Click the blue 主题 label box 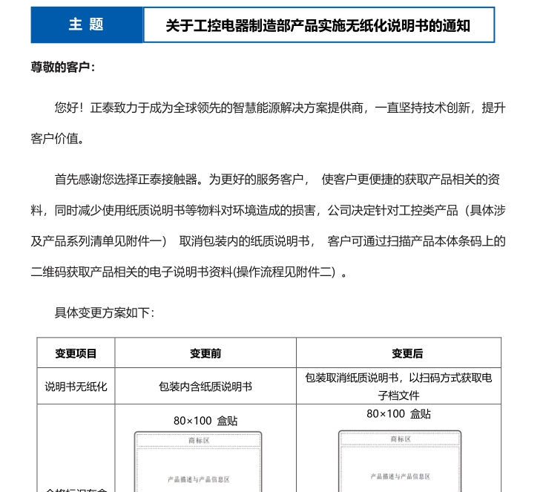(x=86, y=25)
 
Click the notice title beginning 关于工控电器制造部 (x=317, y=26)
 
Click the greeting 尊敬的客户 (x=63, y=68)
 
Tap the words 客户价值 (x=58, y=139)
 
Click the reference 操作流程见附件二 (x=286, y=272)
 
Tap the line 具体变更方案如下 (x=105, y=312)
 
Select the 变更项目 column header (x=76, y=354)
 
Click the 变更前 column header (x=205, y=354)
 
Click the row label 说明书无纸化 (x=76, y=387)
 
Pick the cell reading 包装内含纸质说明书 (x=205, y=387)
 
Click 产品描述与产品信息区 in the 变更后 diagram (x=400, y=476)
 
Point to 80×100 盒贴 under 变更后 (x=398, y=414)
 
